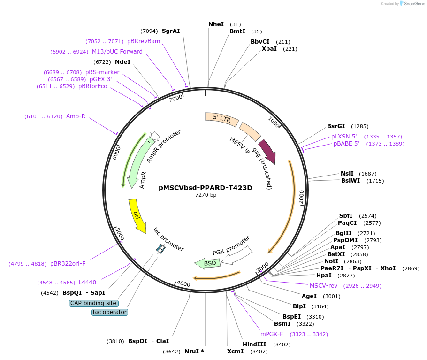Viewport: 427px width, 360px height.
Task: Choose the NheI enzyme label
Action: (216, 24)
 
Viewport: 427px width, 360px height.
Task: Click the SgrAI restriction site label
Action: (171, 31)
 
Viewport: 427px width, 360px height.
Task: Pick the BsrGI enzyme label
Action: (336, 126)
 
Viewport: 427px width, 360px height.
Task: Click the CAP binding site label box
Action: (93, 303)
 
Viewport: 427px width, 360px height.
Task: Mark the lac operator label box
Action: (110, 312)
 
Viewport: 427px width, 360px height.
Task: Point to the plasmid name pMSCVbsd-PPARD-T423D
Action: (206, 188)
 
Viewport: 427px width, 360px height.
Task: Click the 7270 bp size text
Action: (206, 195)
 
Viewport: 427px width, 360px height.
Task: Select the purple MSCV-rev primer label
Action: (323, 285)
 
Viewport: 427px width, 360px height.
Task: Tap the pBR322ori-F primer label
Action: (68, 264)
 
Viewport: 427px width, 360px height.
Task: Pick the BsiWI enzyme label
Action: (351, 181)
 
